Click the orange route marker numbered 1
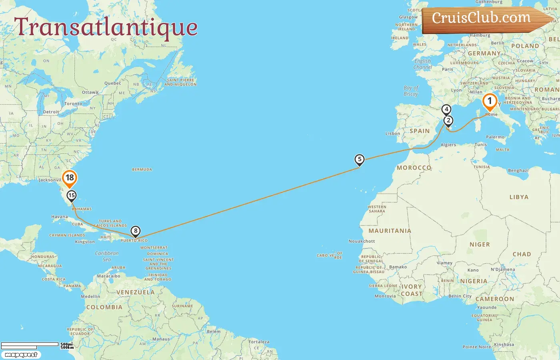click(x=490, y=101)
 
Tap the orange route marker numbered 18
click(x=70, y=178)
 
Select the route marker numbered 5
click(x=360, y=160)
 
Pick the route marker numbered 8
click(x=136, y=231)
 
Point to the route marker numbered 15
click(x=72, y=195)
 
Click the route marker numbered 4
click(x=446, y=109)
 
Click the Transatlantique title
click(x=106, y=27)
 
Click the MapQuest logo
click(x=21, y=355)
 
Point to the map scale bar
click(x=30, y=345)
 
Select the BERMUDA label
click(x=142, y=170)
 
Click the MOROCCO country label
click(x=414, y=168)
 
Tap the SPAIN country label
click(x=420, y=131)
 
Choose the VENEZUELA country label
click(x=136, y=292)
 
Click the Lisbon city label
click(x=393, y=134)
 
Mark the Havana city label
click(x=60, y=217)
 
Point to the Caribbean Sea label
click(x=107, y=256)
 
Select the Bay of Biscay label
click(x=411, y=91)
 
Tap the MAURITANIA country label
click(x=390, y=231)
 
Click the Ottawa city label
click(x=90, y=92)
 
